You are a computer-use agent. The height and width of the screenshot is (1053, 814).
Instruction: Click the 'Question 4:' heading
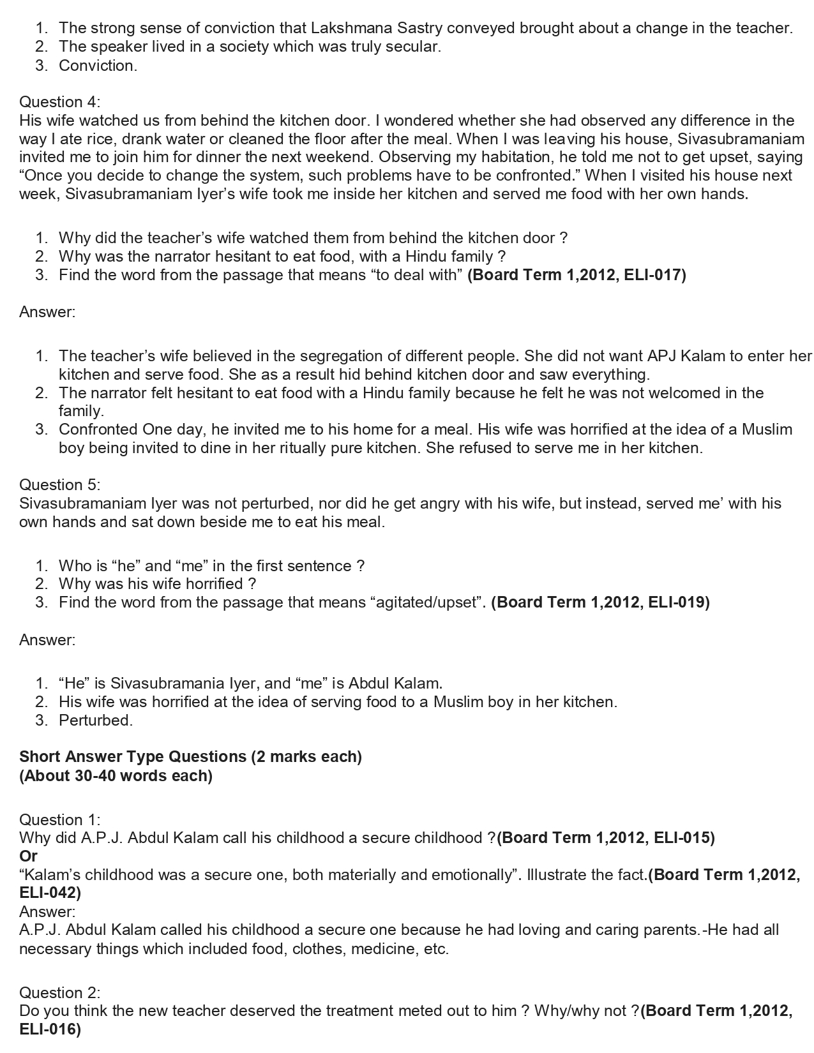point(59,102)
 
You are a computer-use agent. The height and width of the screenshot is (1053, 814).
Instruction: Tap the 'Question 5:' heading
point(59,484)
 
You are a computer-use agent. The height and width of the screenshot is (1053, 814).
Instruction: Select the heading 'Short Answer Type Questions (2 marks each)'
point(190,757)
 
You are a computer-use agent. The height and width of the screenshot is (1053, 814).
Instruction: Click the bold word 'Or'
point(28,856)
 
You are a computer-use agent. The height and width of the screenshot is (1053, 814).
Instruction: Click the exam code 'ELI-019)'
point(679,602)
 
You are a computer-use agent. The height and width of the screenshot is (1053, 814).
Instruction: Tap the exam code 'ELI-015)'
point(684,837)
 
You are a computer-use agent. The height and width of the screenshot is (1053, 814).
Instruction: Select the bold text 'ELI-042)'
point(50,893)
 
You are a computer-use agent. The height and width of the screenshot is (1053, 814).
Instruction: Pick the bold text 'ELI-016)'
point(50,1029)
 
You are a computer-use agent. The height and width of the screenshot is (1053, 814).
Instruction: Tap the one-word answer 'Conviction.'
point(98,66)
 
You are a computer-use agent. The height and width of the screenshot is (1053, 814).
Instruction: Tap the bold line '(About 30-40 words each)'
point(116,776)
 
